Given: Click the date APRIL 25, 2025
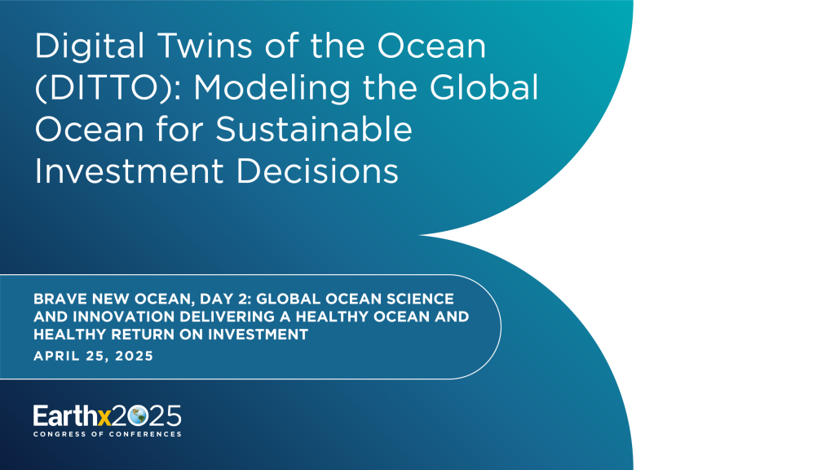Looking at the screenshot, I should (x=93, y=356).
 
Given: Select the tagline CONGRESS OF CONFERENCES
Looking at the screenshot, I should (x=107, y=434).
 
